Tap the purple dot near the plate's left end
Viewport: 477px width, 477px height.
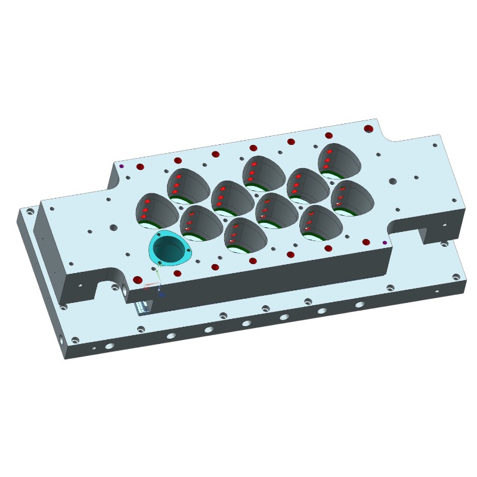(x=122, y=166)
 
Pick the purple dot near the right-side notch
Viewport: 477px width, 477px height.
(x=385, y=243)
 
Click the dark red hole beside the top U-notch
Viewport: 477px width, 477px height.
(x=368, y=129)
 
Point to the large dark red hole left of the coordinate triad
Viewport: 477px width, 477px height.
(x=138, y=280)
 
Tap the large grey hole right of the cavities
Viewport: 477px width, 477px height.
(x=392, y=181)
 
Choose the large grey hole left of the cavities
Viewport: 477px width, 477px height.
(x=113, y=228)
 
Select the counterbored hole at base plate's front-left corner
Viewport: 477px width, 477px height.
(x=75, y=340)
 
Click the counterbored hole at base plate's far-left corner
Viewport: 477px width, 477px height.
(x=30, y=211)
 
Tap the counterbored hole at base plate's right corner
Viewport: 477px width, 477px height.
(x=456, y=277)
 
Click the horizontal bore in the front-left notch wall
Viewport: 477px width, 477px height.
(x=124, y=289)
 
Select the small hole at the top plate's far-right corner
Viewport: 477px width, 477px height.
(x=435, y=145)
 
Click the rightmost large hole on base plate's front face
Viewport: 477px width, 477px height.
(x=360, y=305)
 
